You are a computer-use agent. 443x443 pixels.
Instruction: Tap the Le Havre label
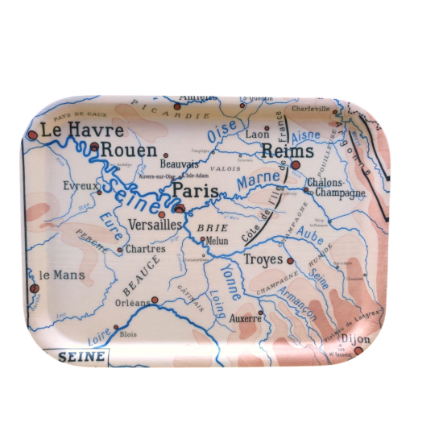[82, 130]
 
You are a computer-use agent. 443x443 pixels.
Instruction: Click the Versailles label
[154, 225]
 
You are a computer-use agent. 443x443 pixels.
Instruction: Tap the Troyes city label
[263, 259]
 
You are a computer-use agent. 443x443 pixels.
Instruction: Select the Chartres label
[146, 249]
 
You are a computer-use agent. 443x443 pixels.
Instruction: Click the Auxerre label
[246, 319]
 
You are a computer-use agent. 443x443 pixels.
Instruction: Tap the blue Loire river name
[97, 339]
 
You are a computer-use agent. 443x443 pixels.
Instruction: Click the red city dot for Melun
[202, 239]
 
